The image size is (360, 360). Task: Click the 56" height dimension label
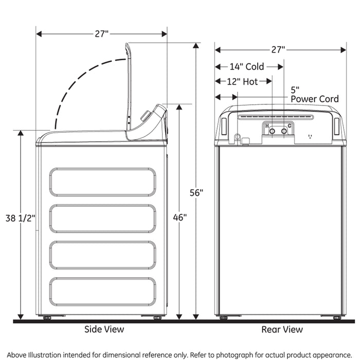tap(196, 193)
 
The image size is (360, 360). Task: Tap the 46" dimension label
tap(179, 217)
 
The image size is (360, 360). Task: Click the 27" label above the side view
tap(101, 34)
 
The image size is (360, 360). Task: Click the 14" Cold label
tap(247, 66)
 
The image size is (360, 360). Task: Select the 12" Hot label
tap(243, 81)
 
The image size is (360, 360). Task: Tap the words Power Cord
tap(315, 99)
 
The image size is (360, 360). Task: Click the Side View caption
tap(104, 329)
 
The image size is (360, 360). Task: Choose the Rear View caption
tap(282, 329)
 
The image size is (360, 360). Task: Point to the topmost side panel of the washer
tap(103, 182)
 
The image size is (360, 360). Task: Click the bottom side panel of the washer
tap(103, 291)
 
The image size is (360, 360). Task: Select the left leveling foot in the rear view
tap(223, 318)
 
